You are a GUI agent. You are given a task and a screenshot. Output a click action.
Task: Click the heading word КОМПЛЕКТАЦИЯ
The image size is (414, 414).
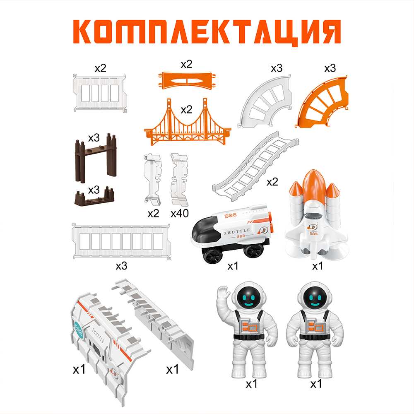tap(207, 32)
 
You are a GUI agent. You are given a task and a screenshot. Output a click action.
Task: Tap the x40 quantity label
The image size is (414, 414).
tap(180, 213)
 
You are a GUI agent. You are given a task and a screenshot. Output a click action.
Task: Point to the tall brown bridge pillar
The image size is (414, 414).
tap(96, 157)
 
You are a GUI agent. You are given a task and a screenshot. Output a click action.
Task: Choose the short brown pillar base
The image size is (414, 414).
tap(94, 197)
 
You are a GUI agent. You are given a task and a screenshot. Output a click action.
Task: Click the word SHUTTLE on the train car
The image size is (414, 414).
tap(237, 232)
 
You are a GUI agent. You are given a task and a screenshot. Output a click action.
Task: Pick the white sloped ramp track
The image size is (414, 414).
tap(255, 166)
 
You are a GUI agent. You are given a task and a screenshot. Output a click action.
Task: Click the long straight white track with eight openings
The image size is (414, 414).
tap(121, 241)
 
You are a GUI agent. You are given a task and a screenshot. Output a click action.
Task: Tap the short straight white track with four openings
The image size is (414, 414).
tap(99, 93)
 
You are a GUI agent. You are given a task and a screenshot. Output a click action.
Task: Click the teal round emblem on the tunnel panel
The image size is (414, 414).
tap(79, 330)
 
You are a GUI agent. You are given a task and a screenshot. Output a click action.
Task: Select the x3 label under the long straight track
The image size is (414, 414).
tap(121, 266)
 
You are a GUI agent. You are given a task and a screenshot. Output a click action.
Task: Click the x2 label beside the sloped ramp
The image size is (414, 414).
tap(272, 182)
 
